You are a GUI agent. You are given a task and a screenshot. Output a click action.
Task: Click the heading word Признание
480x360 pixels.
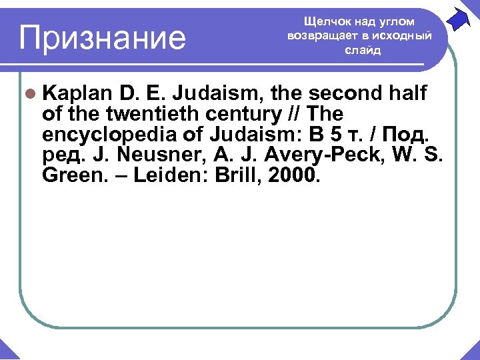click(x=103, y=37)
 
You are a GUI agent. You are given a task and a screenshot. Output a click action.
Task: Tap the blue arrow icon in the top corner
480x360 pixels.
click(x=459, y=18)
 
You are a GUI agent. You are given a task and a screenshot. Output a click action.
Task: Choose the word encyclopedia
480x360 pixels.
click(x=109, y=135)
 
